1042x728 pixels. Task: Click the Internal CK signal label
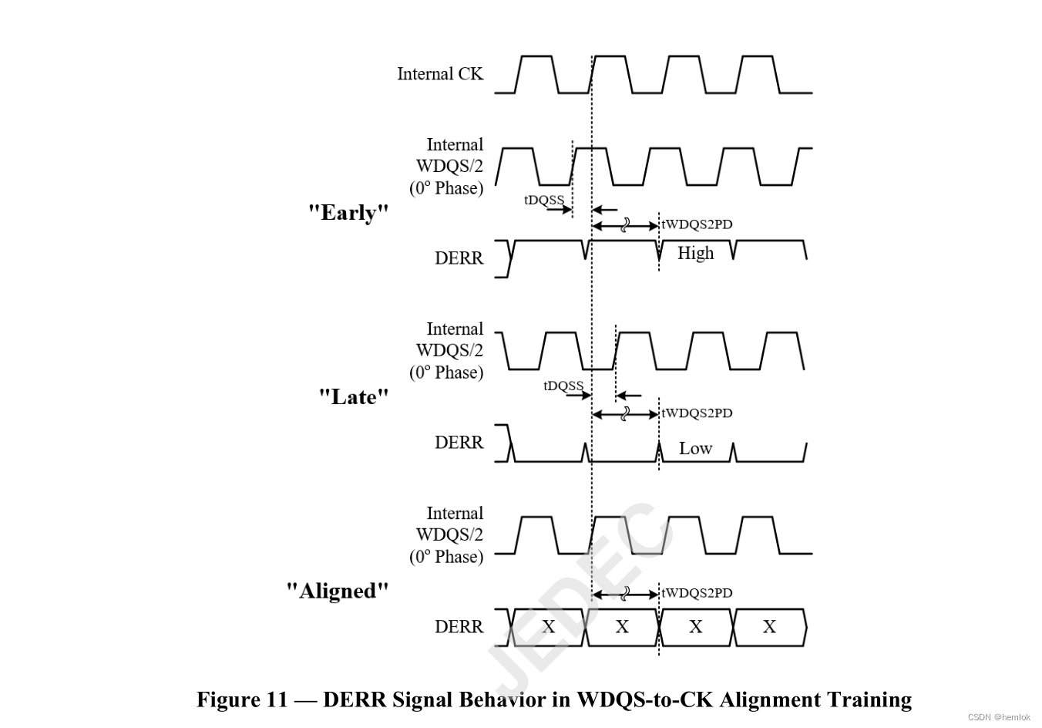[x=439, y=74]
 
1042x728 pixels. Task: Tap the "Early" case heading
[x=348, y=213]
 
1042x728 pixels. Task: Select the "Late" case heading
[x=354, y=397]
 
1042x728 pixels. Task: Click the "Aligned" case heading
[x=338, y=591]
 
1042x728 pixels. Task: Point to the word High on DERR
[x=695, y=253]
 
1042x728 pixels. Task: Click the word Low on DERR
[x=695, y=448]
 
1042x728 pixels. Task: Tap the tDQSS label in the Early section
[x=544, y=201]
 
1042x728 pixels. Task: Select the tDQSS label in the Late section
[x=563, y=386]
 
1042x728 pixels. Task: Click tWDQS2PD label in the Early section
[x=697, y=224]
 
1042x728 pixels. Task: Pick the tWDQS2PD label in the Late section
[x=697, y=413]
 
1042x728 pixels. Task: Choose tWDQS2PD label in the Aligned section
[x=697, y=593]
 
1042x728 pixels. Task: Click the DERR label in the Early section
[x=459, y=258]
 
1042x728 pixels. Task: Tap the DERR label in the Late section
[x=459, y=443]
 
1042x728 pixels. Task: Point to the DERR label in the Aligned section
[x=459, y=627]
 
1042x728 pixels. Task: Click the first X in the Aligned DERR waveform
[x=548, y=627]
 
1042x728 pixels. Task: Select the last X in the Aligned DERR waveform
[x=769, y=627]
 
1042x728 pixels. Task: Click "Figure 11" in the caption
[x=241, y=699]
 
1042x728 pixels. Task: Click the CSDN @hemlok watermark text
[x=999, y=717]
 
